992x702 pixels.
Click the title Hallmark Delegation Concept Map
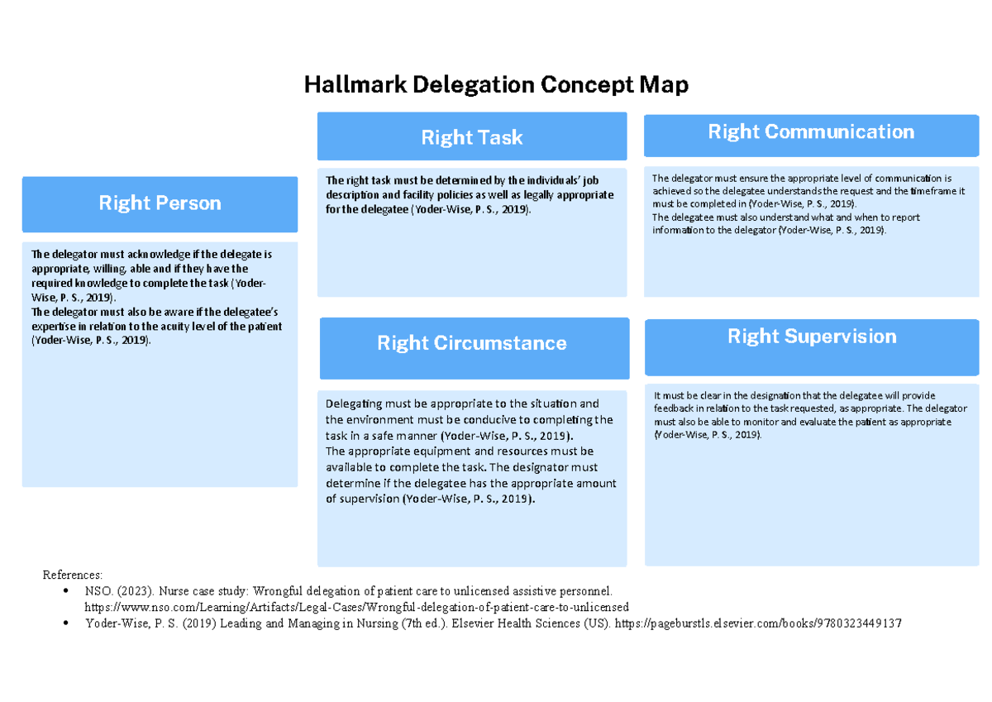pos(496,84)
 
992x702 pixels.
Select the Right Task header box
pos(471,137)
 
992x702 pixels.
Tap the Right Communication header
pos(811,132)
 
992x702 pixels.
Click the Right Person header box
pos(160,203)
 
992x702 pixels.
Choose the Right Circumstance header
pos(472,343)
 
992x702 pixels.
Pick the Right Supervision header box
pos(812,337)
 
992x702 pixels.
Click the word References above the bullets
pos(73,575)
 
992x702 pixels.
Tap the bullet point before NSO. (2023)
pos(65,591)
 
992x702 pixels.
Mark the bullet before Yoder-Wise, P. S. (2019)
pos(65,623)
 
